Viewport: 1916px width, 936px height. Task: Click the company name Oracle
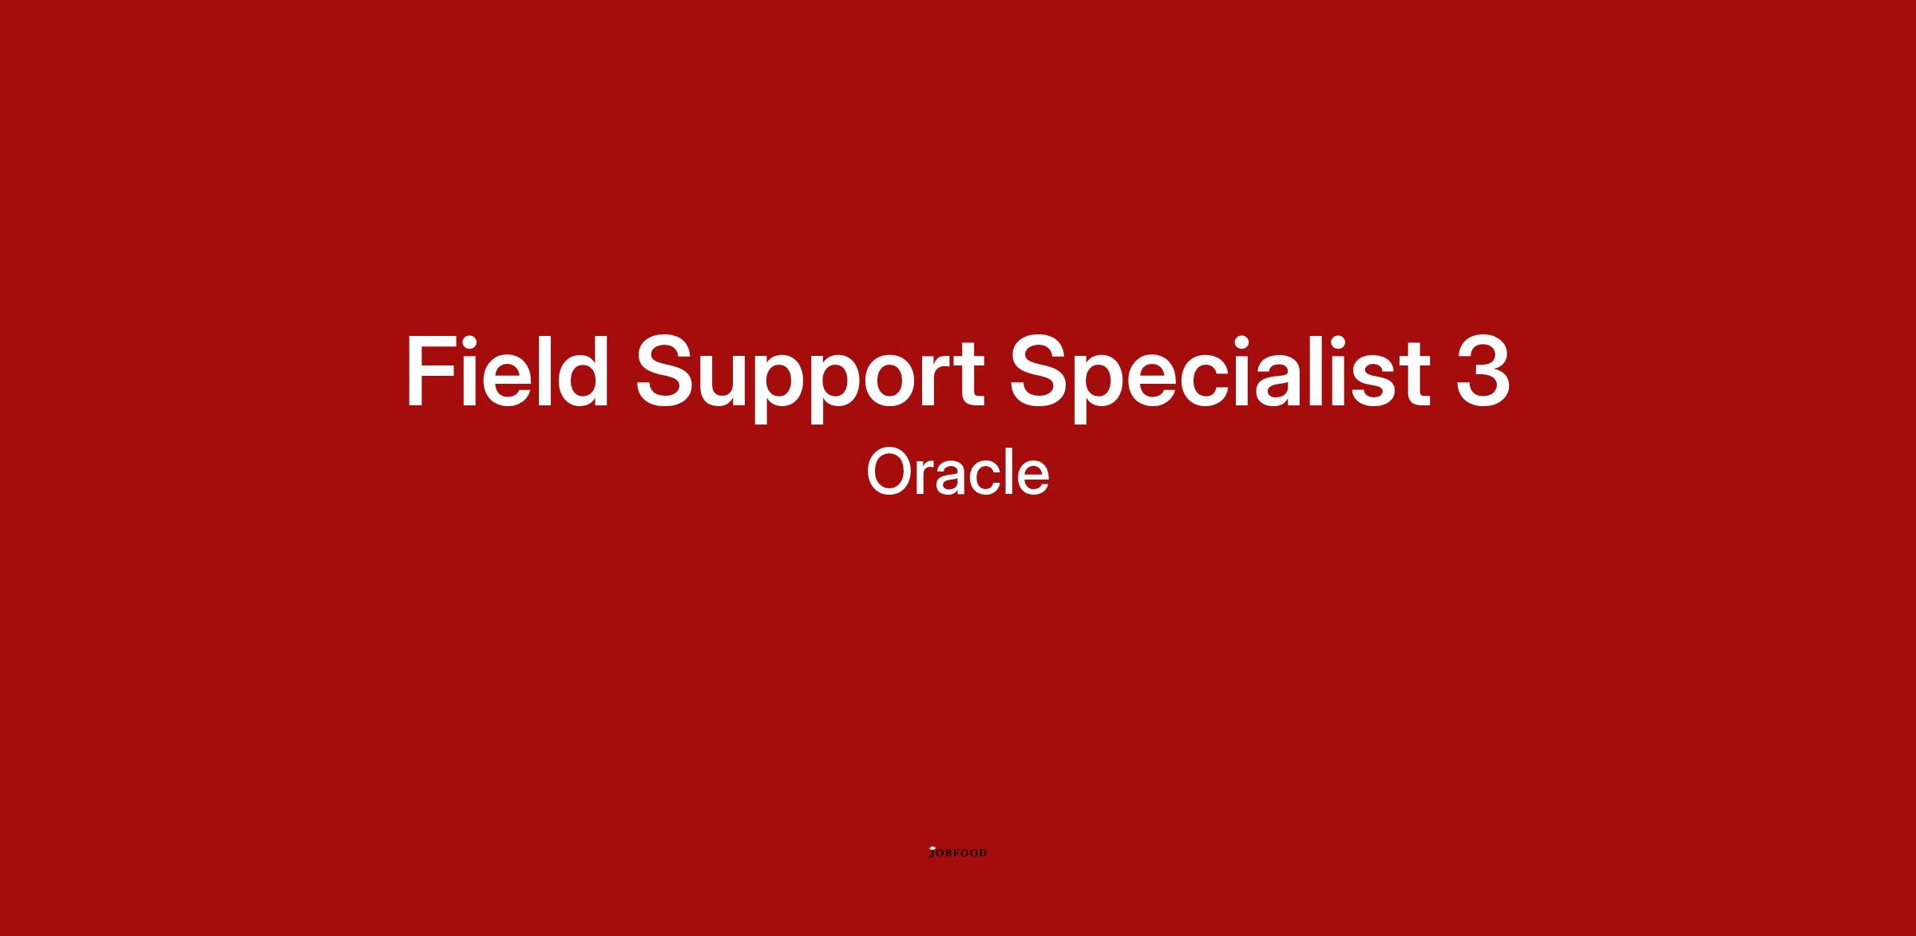(958, 472)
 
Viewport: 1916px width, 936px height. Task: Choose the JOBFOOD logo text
(959, 853)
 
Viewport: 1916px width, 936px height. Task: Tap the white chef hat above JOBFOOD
(932, 847)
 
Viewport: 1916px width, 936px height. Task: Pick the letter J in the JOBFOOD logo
(932, 854)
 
